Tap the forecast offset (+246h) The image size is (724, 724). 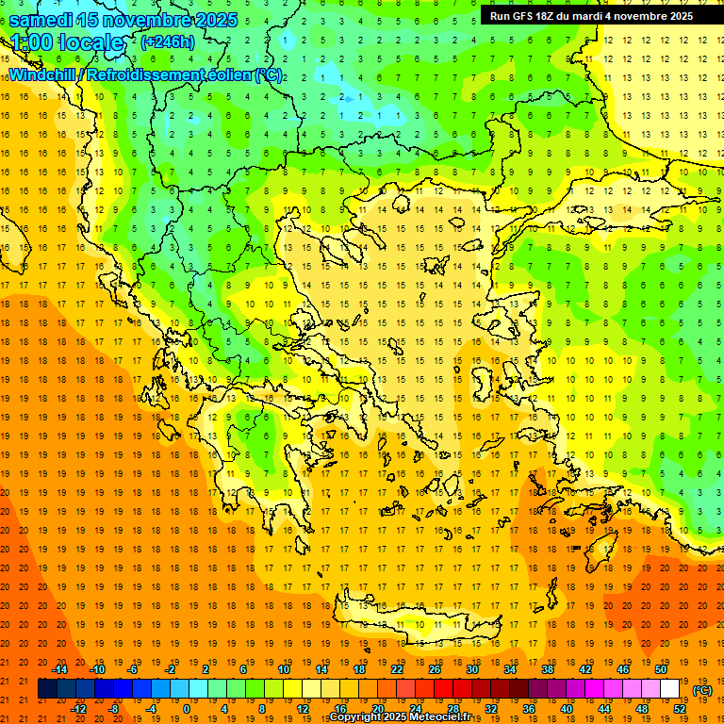(x=167, y=41)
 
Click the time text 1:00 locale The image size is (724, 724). (x=67, y=42)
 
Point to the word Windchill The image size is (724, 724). (x=41, y=74)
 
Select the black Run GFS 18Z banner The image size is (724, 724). (x=591, y=15)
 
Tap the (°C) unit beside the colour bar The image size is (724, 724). (x=702, y=690)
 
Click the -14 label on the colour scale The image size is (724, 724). (x=59, y=669)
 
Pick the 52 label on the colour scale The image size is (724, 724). (x=680, y=709)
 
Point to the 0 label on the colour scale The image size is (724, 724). (x=187, y=709)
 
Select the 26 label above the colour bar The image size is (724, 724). (x=435, y=669)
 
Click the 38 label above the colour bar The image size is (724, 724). (x=548, y=669)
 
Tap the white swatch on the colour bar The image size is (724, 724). (x=670, y=689)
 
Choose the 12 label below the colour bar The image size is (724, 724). (x=302, y=709)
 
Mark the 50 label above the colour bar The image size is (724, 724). (x=660, y=669)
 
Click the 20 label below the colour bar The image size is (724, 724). (x=377, y=709)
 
